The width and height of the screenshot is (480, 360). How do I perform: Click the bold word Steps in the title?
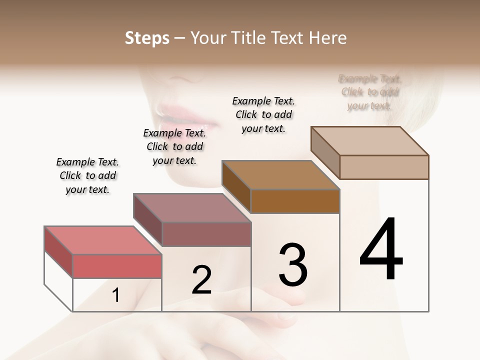(147, 38)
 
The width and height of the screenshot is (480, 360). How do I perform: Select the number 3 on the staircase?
(293, 265)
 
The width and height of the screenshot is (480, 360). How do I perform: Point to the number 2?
(201, 280)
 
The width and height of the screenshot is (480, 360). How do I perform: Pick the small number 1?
(116, 295)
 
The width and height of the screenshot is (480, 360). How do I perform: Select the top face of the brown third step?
(280, 175)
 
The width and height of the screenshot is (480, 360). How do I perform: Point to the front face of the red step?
(117, 266)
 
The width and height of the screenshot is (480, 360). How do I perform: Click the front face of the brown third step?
(295, 201)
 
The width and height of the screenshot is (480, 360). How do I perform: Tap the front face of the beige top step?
(384, 167)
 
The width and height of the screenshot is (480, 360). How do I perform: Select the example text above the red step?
(87, 175)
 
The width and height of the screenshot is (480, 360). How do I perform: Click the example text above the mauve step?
(174, 146)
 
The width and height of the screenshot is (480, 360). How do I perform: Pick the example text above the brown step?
(263, 114)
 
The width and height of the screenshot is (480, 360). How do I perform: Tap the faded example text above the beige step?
(370, 92)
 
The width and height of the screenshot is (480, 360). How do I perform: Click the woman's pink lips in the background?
(187, 116)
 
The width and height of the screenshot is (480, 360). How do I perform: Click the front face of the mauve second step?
(206, 234)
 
